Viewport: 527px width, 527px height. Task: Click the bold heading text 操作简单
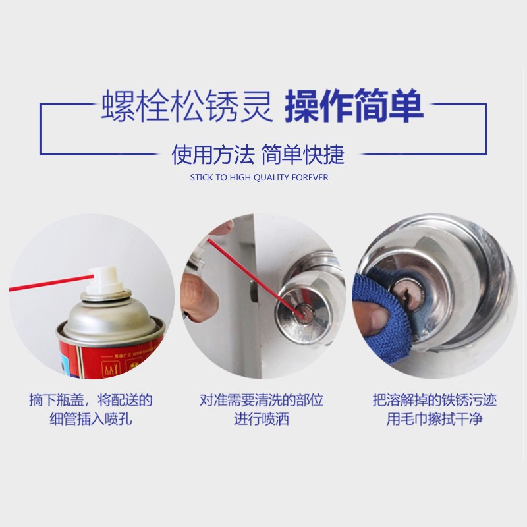(354, 107)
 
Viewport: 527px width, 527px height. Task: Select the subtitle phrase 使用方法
(213, 155)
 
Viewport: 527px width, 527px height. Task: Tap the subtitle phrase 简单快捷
(303, 155)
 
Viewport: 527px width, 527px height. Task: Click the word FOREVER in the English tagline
(311, 178)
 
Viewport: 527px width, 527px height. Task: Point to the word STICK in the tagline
(201, 178)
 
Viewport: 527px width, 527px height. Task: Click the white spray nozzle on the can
(105, 280)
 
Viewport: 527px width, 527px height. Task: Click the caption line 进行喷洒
(262, 419)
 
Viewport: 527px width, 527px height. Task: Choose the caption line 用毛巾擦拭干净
(434, 419)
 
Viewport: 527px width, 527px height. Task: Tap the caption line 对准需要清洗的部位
(262, 400)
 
